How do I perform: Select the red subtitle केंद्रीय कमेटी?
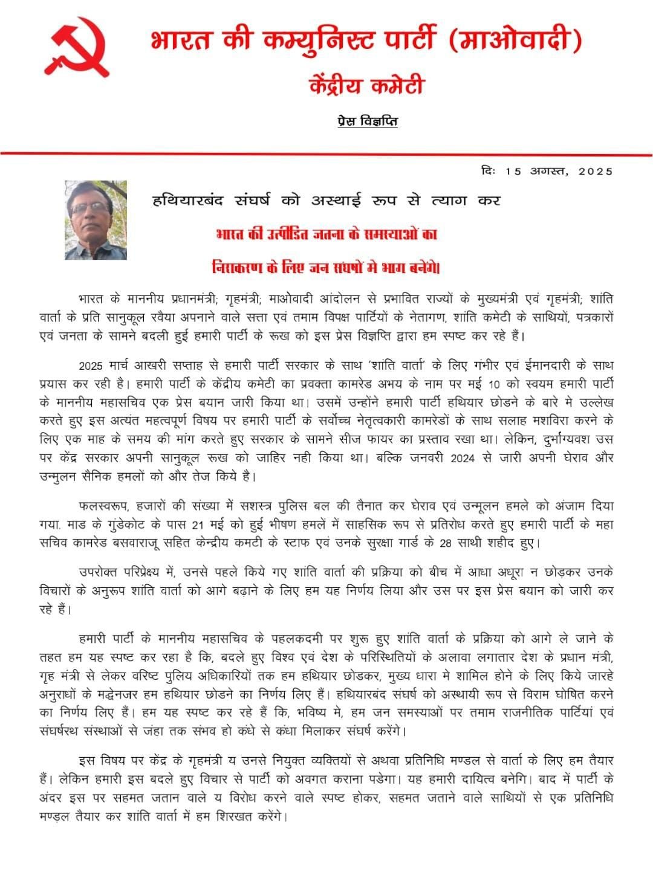tap(366, 85)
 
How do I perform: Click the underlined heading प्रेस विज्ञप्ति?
tap(368, 121)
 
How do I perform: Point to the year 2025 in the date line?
tap(595, 171)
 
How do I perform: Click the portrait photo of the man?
tap(96, 220)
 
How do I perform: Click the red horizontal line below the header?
tap(326, 154)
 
